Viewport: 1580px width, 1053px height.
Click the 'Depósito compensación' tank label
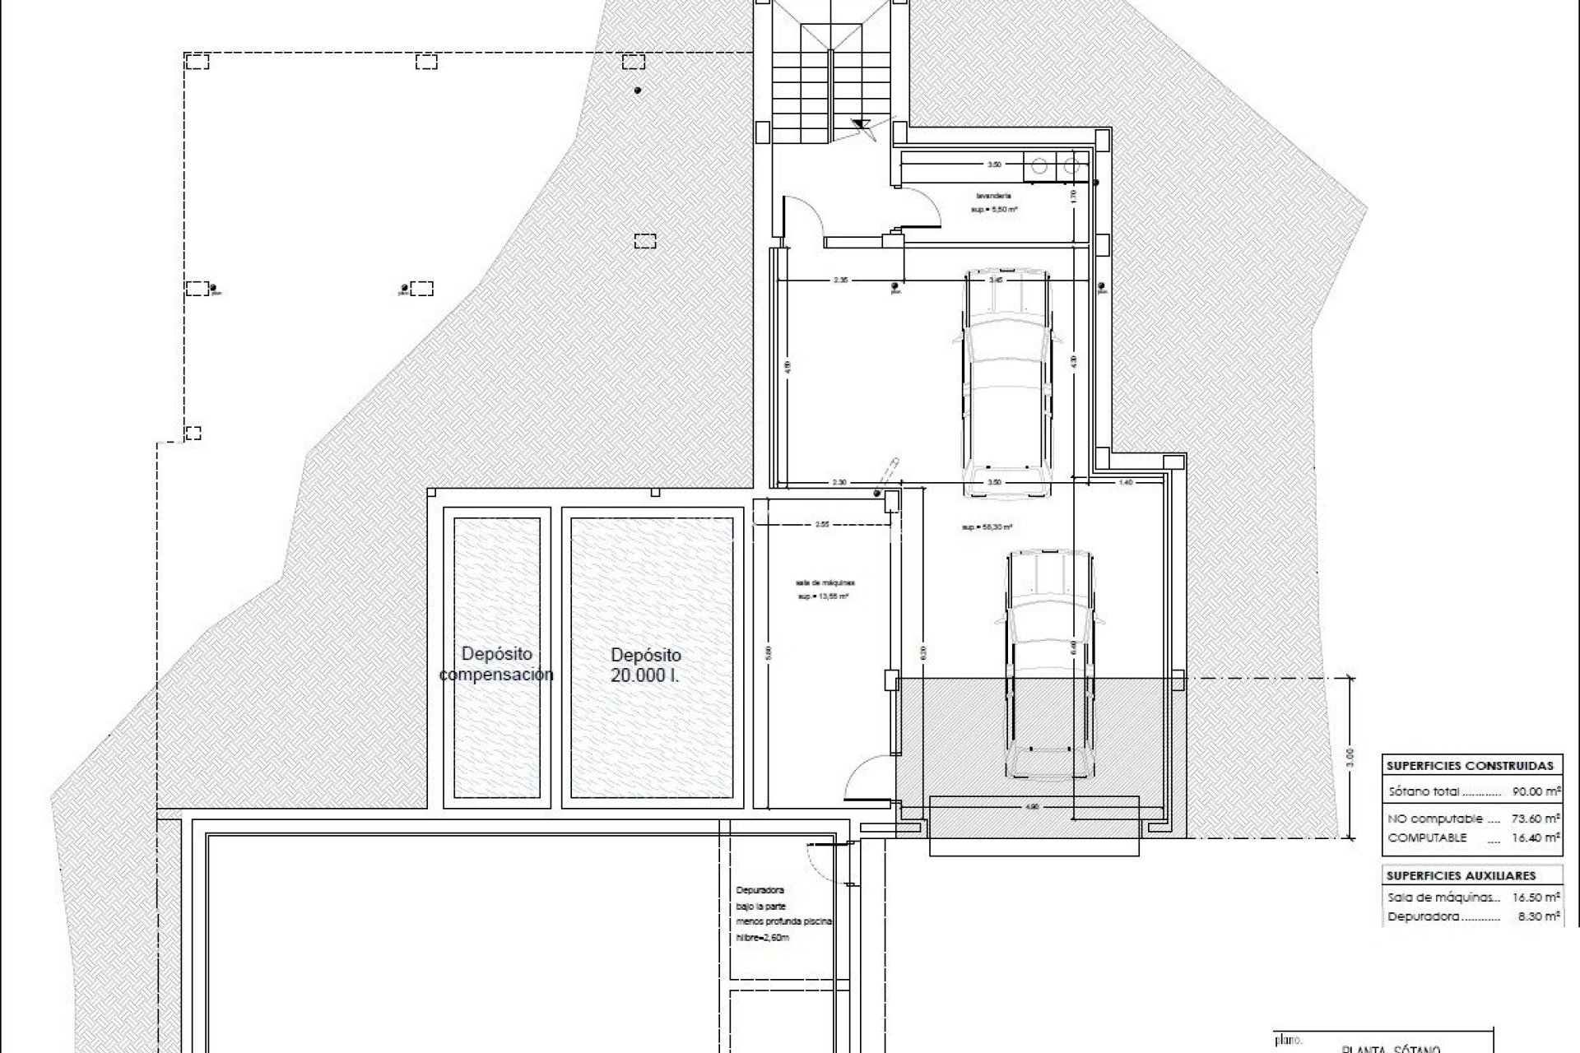coord(496,665)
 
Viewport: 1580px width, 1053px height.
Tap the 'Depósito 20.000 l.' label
coord(646,665)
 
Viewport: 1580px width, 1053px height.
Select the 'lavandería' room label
coord(994,196)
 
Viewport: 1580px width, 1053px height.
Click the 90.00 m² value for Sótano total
coord(1536,792)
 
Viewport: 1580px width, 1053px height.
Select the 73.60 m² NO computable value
coord(1536,819)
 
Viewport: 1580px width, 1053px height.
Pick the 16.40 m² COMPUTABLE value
coord(1536,837)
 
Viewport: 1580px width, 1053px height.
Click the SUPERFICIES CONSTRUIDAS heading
coord(1470,765)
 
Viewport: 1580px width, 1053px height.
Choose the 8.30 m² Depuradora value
coord(1539,916)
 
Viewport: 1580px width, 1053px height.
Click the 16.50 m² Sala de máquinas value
coord(1536,898)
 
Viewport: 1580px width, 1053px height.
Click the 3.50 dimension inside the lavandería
coord(994,165)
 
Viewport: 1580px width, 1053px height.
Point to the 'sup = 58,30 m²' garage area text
coord(987,527)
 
